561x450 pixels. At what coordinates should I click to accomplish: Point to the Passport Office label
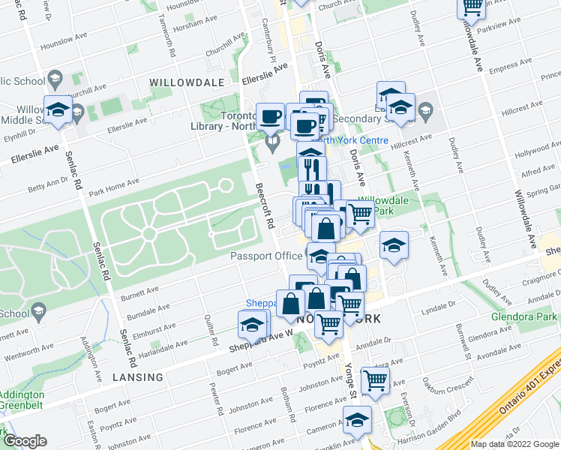tap(266, 256)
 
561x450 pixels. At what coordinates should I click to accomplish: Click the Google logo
tap(25, 441)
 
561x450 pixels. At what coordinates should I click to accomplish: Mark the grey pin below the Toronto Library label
tap(272, 140)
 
